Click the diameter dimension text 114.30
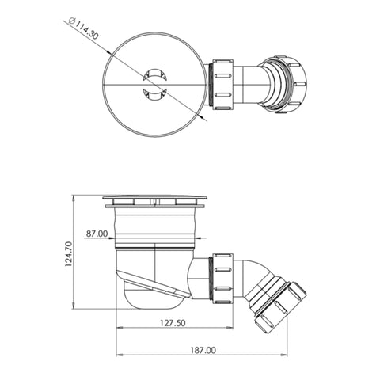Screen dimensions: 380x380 click(x=86, y=30)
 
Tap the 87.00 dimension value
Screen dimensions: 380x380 click(x=97, y=234)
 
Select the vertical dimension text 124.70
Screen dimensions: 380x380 click(x=68, y=253)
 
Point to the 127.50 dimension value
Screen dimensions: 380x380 click(x=173, y=323)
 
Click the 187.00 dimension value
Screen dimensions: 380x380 click(x=203, y=350)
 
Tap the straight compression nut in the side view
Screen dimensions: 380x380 click(x=223, y=279)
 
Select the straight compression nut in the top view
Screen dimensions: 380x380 click(x=223, y=85)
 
